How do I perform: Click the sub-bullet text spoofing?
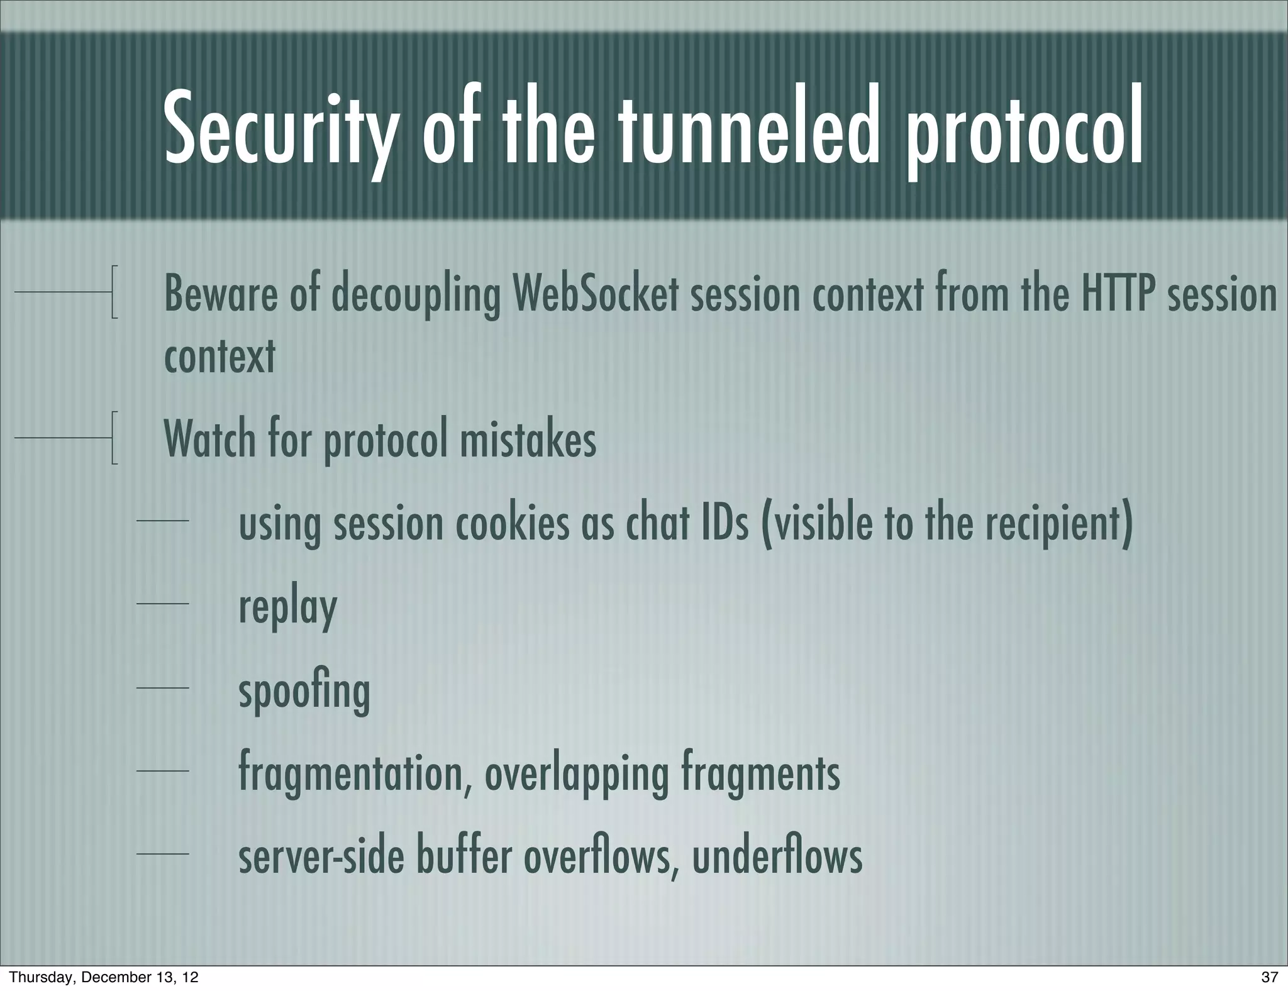coord(304,692)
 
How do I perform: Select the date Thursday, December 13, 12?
coord(104,977)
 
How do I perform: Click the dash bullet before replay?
coord(162,604)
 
